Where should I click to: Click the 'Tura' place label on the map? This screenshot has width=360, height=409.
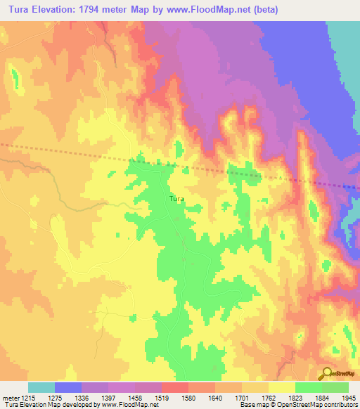coord(176,199)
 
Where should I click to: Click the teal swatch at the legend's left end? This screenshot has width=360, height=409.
coord(41,387)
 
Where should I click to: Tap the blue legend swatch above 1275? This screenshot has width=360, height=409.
coord(67,387)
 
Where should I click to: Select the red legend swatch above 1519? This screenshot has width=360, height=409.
coord(174,387)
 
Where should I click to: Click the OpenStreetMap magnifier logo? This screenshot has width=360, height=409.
coord(326,373)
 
